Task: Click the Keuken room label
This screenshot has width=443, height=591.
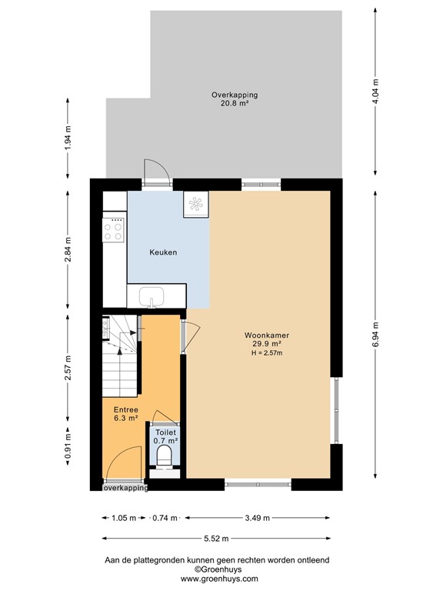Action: [x=163, y=252]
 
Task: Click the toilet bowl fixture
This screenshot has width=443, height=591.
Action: [x=163, y=457]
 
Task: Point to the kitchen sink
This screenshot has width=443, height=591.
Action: [x=154, y=295]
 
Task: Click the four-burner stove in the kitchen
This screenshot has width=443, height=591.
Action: [x=114, y=229]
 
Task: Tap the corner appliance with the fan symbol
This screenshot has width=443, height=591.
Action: [x=195, y=205]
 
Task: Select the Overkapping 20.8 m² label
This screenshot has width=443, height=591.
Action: [x=235, y=99]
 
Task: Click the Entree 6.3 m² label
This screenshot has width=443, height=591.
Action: [x=125, y=414]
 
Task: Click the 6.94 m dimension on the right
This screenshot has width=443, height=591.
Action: [x=375, y=333]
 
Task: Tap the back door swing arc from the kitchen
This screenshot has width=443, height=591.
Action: [x=154, y=172]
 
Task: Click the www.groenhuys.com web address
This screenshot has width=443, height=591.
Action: [x=219, y=579]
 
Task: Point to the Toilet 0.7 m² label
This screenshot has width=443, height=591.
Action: [x=165, y=436]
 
